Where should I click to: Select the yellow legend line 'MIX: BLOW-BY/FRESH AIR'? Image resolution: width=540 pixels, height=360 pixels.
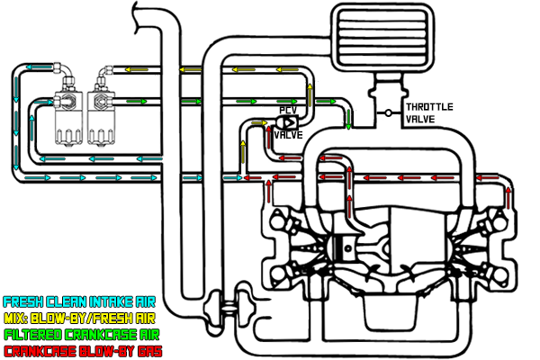79,318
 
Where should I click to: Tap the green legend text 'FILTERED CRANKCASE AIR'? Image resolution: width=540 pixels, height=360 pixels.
79,334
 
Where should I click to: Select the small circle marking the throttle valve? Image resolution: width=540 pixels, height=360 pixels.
388,112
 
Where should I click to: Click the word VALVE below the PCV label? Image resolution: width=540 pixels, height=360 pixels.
288,136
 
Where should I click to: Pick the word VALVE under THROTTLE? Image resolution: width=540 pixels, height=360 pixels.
421,119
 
